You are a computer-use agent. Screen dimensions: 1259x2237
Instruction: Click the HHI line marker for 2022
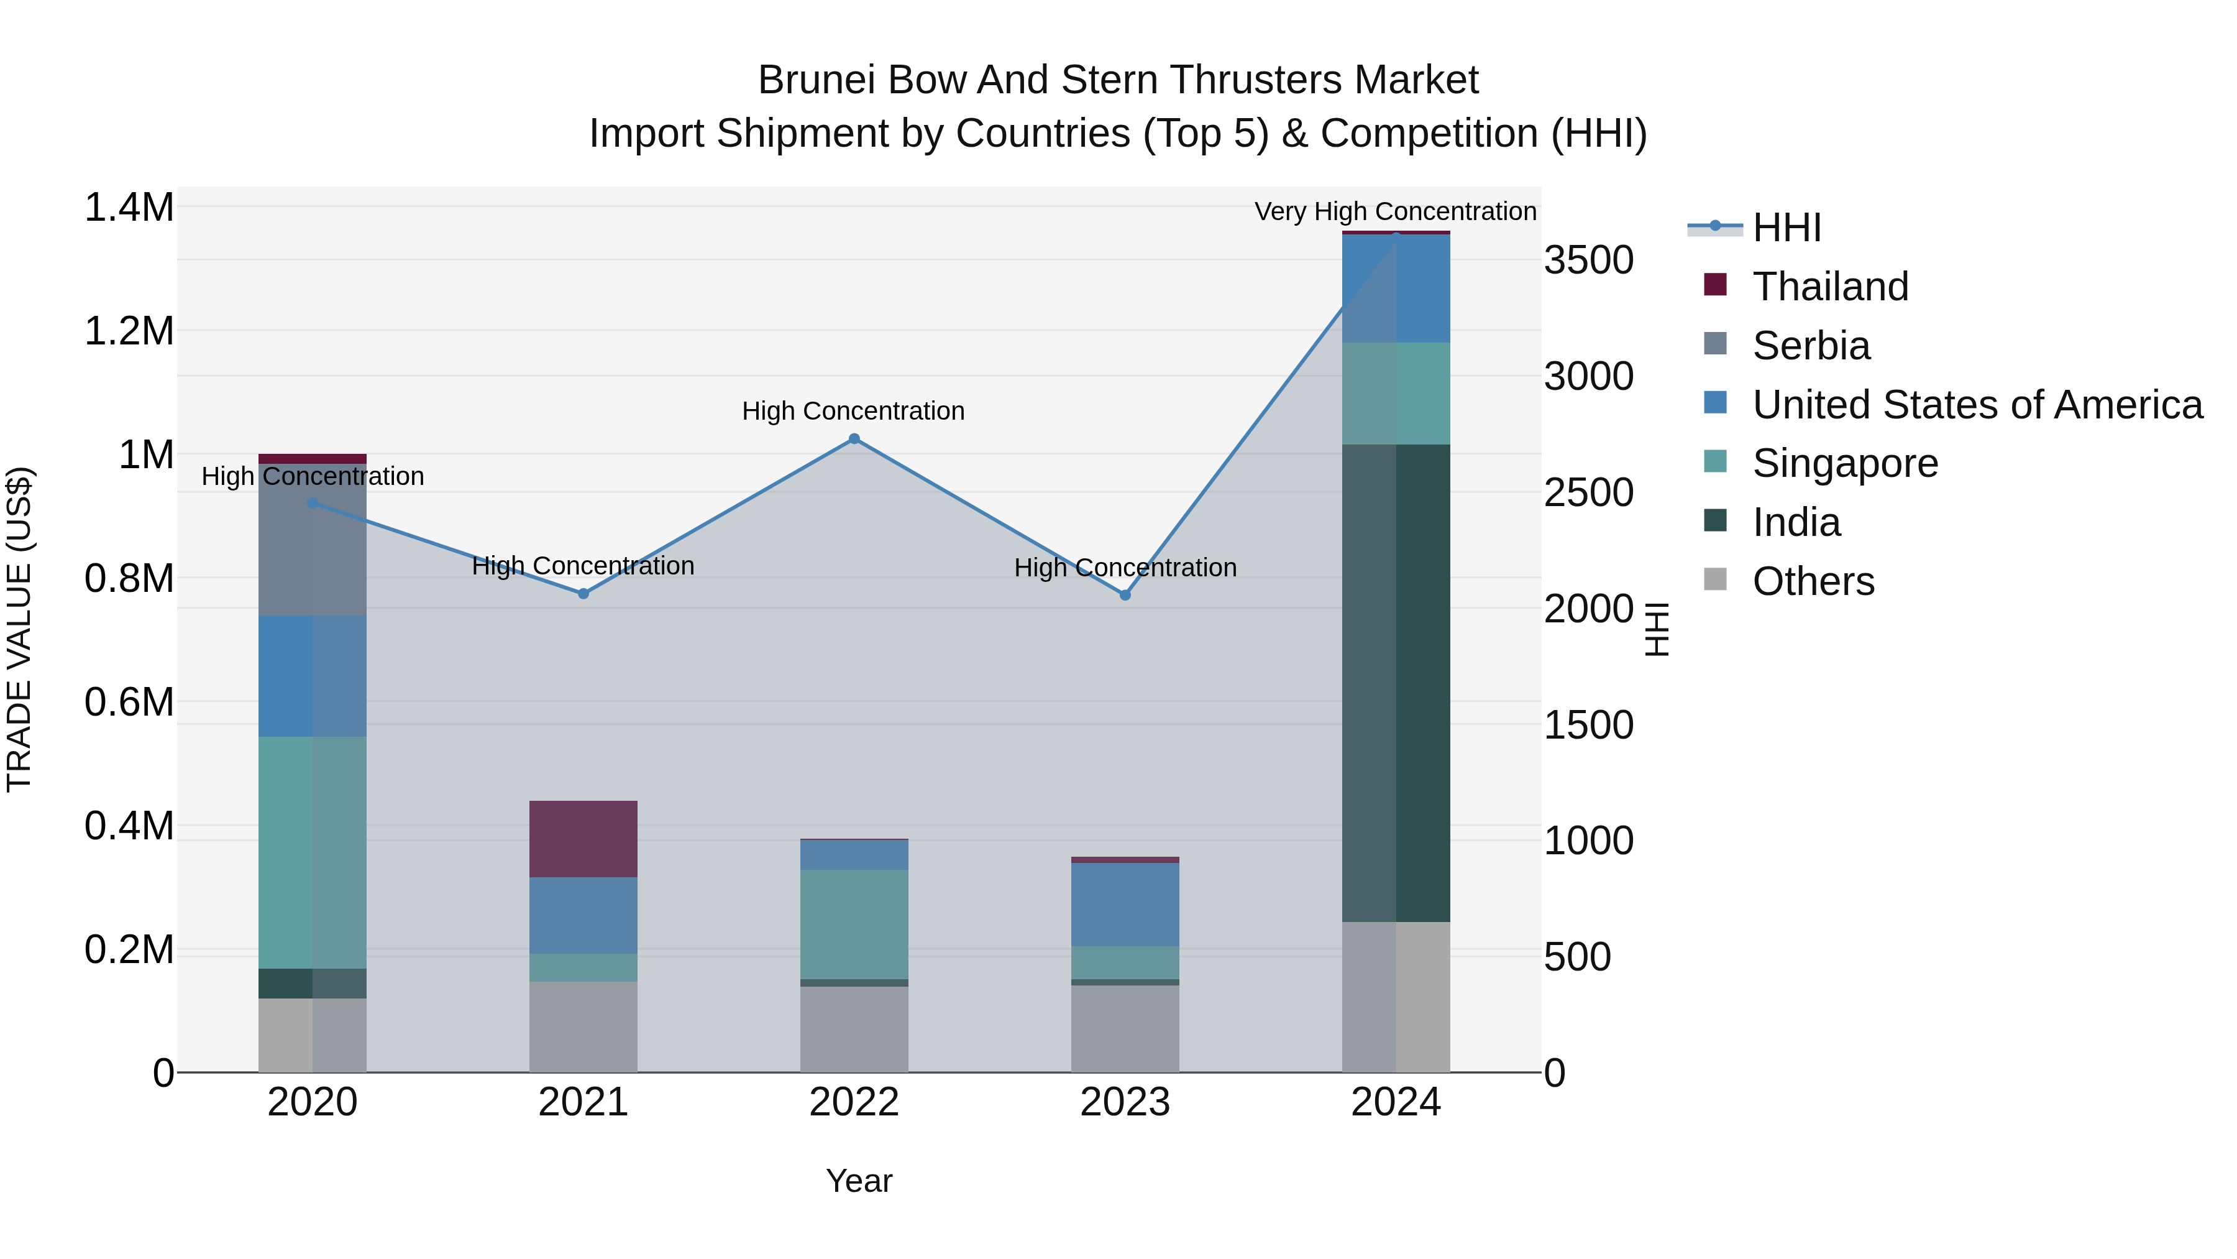[x=854, y=439]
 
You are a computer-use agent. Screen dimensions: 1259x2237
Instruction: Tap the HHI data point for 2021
[x=583, y=594]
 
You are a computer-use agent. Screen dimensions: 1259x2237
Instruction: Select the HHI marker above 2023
[x=1125, y=595]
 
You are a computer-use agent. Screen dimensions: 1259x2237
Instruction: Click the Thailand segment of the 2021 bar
[x=583, y=839]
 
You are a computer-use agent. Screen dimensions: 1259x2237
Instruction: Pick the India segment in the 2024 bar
[x=1396, y=683]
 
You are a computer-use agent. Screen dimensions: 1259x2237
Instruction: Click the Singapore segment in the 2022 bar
[x=854, y=925]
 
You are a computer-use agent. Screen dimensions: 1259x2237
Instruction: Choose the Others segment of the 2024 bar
[x=1396, y=997]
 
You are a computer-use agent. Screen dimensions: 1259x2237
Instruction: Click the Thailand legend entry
[x=1830, y=287]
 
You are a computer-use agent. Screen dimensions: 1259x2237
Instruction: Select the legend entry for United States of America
[x=1977, y=405]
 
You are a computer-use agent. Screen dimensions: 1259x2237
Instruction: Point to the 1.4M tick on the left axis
[x=129, y=208]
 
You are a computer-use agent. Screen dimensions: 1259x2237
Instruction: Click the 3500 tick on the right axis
[x=1588, y=260]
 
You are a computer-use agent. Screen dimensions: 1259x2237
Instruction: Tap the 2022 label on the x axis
[x=854, y=1102]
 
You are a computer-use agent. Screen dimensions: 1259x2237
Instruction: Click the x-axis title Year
[x=859, y=1181]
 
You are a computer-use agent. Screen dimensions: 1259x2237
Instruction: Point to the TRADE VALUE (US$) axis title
[x=19, y=629]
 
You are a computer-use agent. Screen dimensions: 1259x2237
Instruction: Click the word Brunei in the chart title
[x=817, y=80]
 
